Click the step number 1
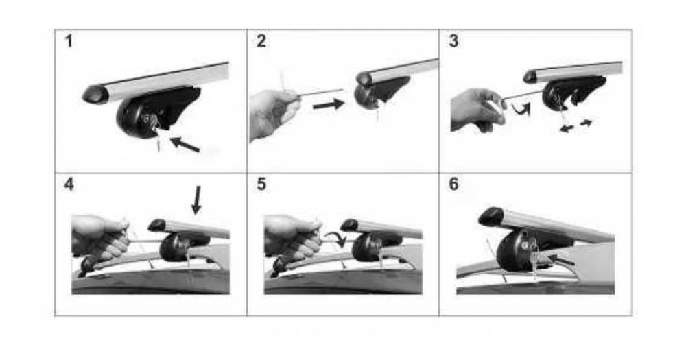tap(68, 41)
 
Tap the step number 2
tap(261, 41)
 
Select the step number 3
tap(453, 41)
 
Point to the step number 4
tap(69, 184)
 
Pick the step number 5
tap(261, 184)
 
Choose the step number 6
tap(453, 184)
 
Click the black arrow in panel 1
tap(185, 145)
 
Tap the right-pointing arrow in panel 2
tap(329, 104)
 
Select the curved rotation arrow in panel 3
tap(521, 108)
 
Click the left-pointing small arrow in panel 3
tap(567, 128)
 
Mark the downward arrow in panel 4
tap(197, 200)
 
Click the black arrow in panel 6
tap(560, 261)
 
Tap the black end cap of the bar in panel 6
tap(492, 217)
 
